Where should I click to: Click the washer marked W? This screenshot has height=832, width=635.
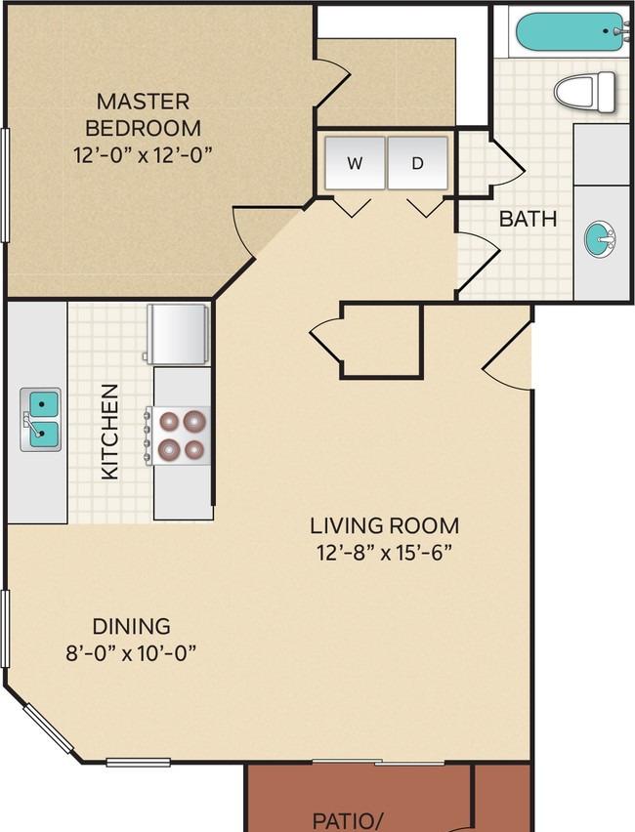point(355,163)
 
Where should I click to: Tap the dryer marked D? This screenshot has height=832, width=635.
point(418,163)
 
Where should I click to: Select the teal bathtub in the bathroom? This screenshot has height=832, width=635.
point(571,32)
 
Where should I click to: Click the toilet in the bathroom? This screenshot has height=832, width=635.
point(584,92)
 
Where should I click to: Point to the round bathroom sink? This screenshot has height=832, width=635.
point(600,239)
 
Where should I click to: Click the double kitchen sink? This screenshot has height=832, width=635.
point(41,420)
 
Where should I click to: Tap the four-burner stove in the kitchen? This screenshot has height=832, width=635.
point(179,436)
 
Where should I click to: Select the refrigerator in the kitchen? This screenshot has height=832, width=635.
point(177,334)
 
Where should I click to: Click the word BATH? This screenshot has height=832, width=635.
point(528,219)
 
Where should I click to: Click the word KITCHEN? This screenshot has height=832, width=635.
point(109,432)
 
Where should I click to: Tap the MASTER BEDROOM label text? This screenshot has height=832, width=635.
point(143,114)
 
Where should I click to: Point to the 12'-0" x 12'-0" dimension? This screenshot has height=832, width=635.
point(143,155)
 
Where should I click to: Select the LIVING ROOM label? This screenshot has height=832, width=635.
point(384,525)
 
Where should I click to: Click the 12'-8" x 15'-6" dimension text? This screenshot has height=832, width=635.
point(384,553)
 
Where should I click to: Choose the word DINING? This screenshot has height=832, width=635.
point(131,626)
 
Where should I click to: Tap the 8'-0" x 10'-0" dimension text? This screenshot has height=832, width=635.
point(131,653)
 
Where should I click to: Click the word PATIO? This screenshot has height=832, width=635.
point(344,821)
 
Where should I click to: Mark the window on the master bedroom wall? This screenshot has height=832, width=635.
point(5,186)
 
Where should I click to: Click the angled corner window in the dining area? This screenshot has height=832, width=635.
point(47,728)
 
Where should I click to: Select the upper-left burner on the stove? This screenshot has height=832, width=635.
point(169,422)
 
